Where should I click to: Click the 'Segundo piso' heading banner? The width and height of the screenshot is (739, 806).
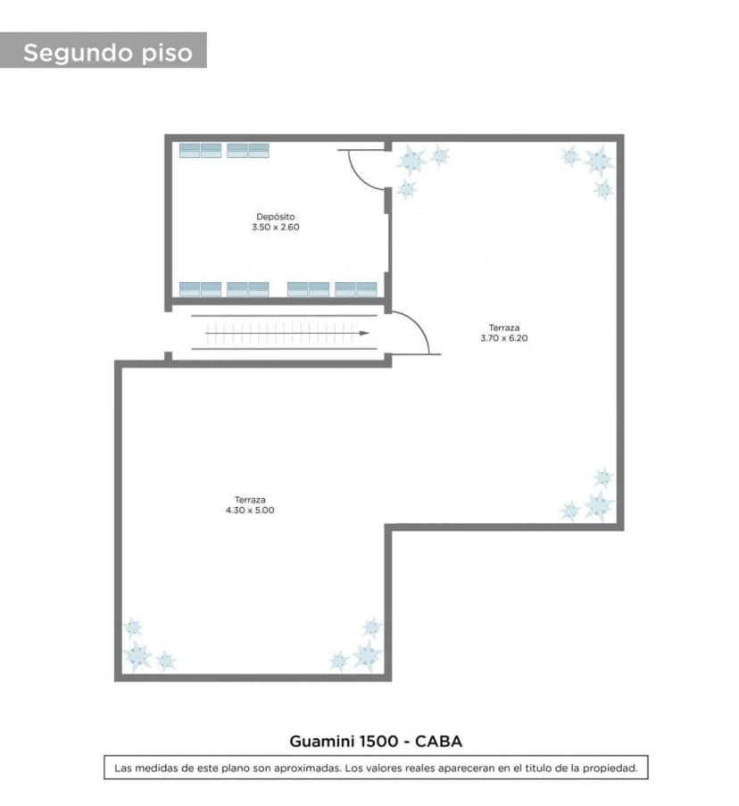click(x=104, y=50)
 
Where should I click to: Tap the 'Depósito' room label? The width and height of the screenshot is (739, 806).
click(x=276, y=216)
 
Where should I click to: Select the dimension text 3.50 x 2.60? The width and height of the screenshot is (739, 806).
click(x=276, y=228)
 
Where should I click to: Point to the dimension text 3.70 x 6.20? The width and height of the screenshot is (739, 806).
click(x=504, y=338)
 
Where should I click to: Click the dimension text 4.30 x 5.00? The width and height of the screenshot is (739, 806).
click(x=250, y=511)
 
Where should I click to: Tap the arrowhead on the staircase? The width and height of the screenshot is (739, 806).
click(x=364, y=333)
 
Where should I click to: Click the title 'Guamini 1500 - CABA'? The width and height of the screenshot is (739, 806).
click(x=376, y=741)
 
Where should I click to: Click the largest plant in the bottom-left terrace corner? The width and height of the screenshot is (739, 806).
click(x=137, y=655)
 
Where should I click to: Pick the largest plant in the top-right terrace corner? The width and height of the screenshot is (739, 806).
click(x=598, y=161)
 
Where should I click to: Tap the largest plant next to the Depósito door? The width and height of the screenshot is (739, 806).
click(x=411, y=160)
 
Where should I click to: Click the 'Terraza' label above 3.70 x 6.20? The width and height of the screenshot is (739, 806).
click(x=504, y=328)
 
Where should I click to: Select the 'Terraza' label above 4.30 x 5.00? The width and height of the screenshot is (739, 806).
click(x=250, y=500)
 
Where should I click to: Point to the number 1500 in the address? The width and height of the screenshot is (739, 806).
click(x=378, y=741)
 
